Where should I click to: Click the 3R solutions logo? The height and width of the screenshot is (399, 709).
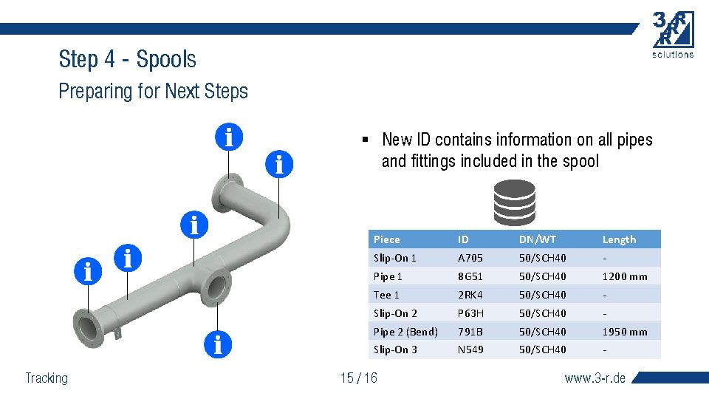coord(673,34)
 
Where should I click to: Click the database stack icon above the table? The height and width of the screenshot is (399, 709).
coord(514,202)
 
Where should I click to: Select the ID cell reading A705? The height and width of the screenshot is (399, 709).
coord(470,258)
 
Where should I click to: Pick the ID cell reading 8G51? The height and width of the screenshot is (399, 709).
coord(470,276)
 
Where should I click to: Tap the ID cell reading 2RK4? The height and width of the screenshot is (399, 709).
coord(470,295)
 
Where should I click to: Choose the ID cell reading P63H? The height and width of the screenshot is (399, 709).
coord(470,313)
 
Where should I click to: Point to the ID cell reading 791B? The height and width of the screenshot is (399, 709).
coord(470,332)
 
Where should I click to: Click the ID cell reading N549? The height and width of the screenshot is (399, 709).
coord(470,349)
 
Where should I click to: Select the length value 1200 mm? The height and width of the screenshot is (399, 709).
coord(624,276)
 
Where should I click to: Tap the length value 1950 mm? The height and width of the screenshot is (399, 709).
coord(624,332)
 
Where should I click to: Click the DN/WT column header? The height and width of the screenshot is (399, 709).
coord(538,239)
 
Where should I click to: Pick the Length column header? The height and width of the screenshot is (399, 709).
coord(619,239)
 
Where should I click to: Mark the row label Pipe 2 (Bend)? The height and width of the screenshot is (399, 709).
coord(405,332)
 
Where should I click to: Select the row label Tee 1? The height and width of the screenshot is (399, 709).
coord(386,295)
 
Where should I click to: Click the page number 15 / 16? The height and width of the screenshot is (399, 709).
coord(358,378)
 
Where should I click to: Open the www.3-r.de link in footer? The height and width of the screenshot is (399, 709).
coord(595,378)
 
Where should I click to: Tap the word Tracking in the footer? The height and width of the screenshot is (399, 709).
coord(47,378)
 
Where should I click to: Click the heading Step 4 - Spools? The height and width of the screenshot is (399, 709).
coord(127,59)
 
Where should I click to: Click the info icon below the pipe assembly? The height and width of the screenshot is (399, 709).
coord(218,344)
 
